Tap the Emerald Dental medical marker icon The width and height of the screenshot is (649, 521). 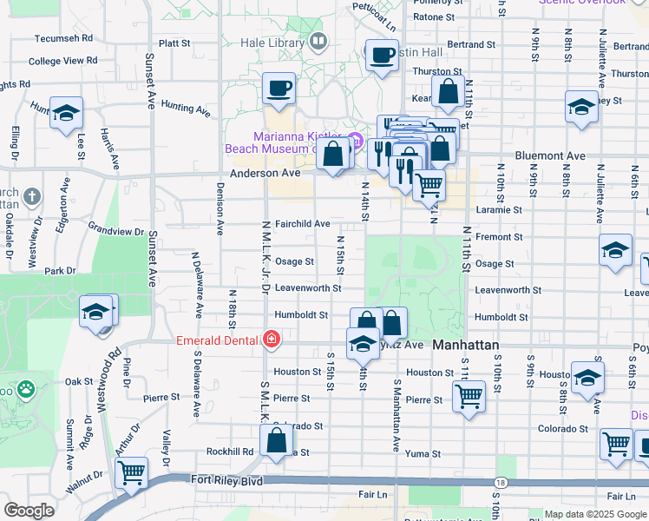(x=272, y=339)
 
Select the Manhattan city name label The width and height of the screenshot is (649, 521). (x=466, y=345)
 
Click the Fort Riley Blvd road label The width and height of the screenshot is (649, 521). (x=214, y=479)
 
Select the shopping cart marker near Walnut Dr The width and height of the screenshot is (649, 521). (x=131, y=473)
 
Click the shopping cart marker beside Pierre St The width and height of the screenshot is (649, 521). (x=469, y=396)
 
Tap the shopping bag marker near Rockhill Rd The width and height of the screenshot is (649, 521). (x=276, y=441)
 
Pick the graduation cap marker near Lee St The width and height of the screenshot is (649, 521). (x=65, y=114)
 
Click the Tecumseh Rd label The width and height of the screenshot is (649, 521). (x=63, y=38)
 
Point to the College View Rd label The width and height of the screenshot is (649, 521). (x=62, y=61)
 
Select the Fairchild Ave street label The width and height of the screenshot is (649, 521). (x=302, y=223)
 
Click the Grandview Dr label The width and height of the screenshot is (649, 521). (x=115, y=231)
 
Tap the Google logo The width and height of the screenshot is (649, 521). (x=29, y=511)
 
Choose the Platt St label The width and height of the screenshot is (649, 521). (x=174, y=43)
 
